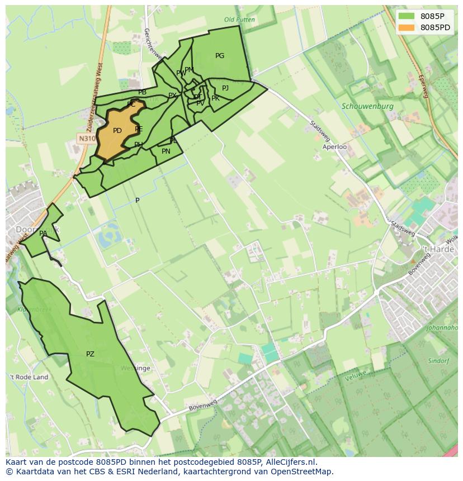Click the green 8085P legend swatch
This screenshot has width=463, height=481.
click(x=407, y=16)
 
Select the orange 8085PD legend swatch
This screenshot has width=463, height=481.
click(x=407, y=27)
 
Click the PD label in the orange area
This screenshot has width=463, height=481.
click(x=117, y=131)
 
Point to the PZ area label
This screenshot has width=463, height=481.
click(x=90, y=354)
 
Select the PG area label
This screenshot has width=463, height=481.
click(x=220, y=56)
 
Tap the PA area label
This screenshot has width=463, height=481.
click(x=43, y=234)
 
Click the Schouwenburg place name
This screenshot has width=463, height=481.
click(x=367, y=106)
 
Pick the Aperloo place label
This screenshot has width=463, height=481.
click(x=334, y=147)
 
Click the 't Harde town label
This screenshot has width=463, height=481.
click(x=438, y=249)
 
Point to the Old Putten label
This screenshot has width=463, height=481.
click(x=239, y=20)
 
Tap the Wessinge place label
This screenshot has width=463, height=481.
click(x=135, y=369)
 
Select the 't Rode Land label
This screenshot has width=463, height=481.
click(x=29, y=377)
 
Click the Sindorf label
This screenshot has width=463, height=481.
click(x=438, y=361)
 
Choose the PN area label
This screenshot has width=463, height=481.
click(x=166, y=151)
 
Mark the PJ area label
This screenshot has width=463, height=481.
click(x=225, y=88)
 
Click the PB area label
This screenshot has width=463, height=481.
click(x=143, y=92)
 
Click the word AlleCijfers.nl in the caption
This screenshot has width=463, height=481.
click(x=290, y=462)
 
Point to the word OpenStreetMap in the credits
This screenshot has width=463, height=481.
click(x=302, y=472)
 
